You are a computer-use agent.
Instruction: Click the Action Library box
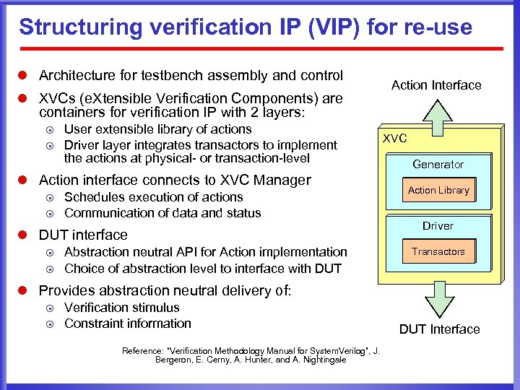point(438,191)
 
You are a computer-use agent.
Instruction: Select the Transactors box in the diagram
point(438,252)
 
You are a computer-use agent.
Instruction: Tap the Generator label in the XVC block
point(438,165)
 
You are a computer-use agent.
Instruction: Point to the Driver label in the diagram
point(438,226)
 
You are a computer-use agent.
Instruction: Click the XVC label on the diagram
point(395,138)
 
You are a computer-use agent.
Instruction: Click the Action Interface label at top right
point(436,85)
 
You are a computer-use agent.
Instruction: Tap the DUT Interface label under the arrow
point(439,329)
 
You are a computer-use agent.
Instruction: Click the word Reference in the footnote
point(142,351)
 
